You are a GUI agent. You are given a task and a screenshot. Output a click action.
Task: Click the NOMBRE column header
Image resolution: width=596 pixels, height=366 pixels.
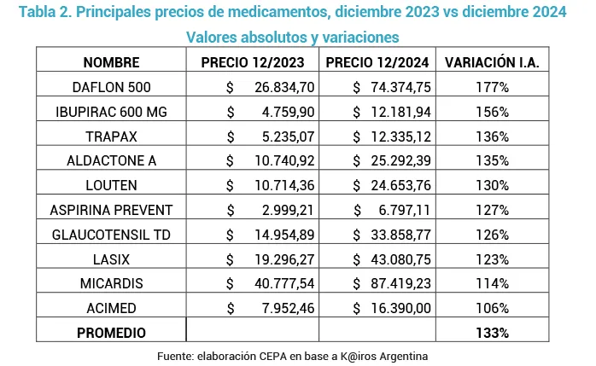click(112, 62)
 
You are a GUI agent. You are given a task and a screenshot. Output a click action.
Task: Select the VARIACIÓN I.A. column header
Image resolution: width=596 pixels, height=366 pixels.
click(492, 62)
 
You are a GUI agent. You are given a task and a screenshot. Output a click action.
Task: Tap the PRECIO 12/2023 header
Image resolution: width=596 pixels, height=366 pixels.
click(253, 62)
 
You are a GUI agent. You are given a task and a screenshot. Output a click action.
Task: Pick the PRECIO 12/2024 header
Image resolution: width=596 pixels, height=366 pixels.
click(377, 62)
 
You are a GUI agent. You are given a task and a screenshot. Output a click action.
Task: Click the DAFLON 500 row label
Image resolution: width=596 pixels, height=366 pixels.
click(112, 87)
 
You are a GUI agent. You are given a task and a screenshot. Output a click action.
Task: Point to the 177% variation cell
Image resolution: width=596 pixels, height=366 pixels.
click(492, 87)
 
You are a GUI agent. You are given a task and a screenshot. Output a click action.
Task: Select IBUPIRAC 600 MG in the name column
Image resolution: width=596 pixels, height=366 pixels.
click(112, 112)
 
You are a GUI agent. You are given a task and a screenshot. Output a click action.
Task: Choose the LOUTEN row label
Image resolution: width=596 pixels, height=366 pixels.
click(112, 185)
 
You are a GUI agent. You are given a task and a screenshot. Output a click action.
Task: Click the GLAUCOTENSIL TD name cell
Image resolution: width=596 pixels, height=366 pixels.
click(112, 235)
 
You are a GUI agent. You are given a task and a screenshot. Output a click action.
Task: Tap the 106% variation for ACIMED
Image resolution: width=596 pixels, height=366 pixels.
click(492, 308)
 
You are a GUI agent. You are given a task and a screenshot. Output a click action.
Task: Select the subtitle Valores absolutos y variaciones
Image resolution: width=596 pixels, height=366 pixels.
click(293, 38)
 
